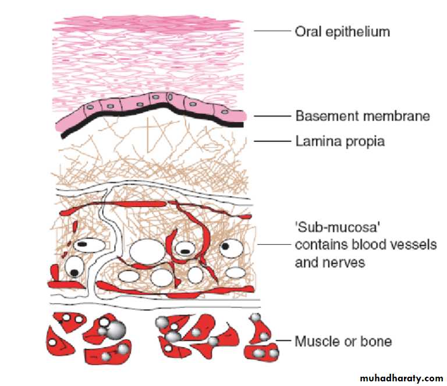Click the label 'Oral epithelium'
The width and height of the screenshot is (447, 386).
[x=342, y=31]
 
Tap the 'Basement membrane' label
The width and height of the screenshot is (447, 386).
[x=363, y=116]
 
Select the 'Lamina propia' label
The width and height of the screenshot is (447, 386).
[x=340, y=141]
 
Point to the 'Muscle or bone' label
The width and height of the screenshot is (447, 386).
[x=343, y=341]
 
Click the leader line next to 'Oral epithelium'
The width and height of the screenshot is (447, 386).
[x=272, y=30]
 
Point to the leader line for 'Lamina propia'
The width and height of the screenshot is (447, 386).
[x=272, y=140]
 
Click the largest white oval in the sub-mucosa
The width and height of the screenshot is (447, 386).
[x=146, y=251]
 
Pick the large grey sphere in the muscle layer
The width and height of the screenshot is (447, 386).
[x=117, y=329]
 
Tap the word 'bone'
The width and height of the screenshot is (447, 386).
[x=378, y=341]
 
